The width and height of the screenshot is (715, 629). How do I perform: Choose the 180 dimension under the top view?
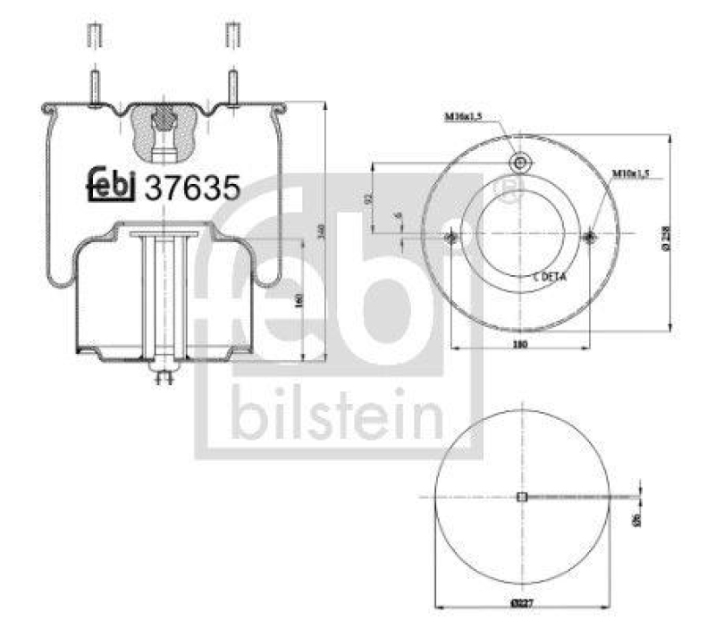pyautogui.click(x=519, y=344)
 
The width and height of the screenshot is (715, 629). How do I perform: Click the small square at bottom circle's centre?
pyautogui.click(x=523, y=499)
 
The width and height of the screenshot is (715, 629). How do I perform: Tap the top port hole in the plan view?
pyautogui.click(x=520, y=162)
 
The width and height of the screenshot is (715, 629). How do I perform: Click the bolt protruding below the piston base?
pyautogui.click(x=163, y=376)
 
